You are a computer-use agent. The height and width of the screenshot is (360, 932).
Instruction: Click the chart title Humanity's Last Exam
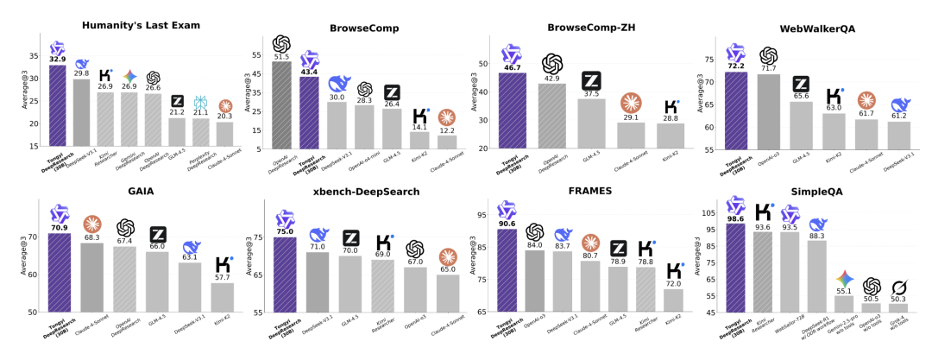pyautogui.click(x=141, y=25)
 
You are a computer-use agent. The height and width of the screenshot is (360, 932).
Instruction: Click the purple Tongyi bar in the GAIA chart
pyautogui.click(x=58, y=272)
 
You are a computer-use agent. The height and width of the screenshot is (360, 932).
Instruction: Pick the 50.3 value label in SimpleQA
pyautogui.click(x=898, y=299)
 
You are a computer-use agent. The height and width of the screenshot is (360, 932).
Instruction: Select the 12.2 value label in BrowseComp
pyautogui.click(x=446, y=130)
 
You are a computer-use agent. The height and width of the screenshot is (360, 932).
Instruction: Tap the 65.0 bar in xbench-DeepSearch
pyautogui.click(x=446, y=293)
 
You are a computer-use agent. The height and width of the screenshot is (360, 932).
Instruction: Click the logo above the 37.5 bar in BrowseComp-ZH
pyautogui.click(x=591, y=81)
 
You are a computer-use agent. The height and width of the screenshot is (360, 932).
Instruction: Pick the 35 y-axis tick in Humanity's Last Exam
pyautogui.click(x=34, y=55)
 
